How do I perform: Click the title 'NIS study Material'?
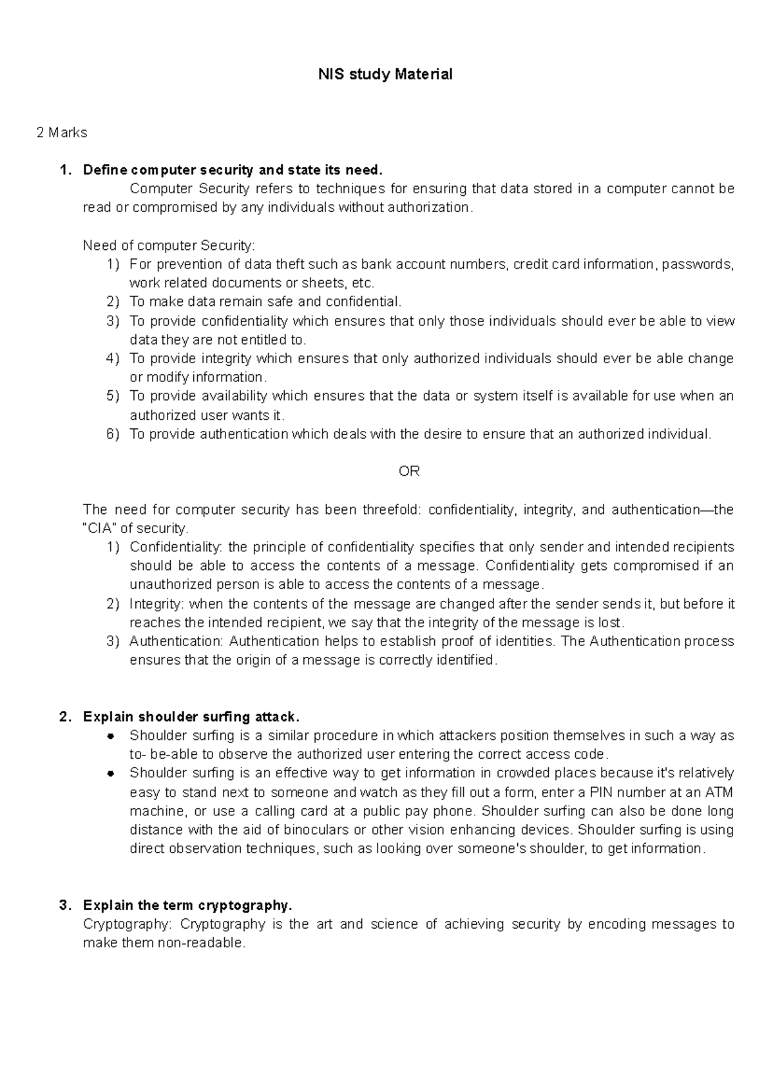tap(385, 75)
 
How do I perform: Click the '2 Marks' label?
tap(62, 133)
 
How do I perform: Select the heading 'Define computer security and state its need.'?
tap(233, 170)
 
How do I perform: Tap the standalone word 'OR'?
tap(409, 471)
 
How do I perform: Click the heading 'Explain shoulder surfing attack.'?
tap(191, 717)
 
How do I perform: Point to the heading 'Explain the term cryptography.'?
tap(187, 905)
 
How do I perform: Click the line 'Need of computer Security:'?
tap(169, 245)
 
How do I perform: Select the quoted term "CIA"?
tap(100, 529)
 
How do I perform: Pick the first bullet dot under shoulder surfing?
tap(111, 735)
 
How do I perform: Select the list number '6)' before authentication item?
tap(113, 434)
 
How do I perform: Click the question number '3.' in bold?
tap(64, 905)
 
